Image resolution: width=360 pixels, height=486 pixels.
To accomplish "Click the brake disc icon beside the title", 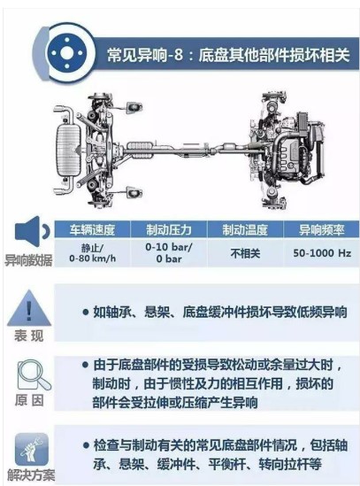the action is (x=67, y=53).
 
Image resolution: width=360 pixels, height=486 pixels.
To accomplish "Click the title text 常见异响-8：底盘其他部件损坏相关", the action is (x=228, y=55).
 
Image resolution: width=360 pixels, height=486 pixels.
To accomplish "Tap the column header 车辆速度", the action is (x=92, y=229).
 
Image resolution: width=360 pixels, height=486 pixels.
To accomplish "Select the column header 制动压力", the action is (x=169, y=229).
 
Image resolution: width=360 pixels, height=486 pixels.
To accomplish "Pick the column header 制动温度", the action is (x=245, y=229).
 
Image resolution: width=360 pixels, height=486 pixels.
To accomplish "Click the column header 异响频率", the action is (x=322, y=229).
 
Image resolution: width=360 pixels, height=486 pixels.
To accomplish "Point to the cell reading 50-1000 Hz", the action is (x=322, y=253).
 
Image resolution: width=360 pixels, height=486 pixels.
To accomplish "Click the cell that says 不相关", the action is (x=245, y=253).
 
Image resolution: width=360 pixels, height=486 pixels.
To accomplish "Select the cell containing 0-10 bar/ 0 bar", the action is (x=169, y=252).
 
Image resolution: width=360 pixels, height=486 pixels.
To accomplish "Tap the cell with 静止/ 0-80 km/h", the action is (x=92, y=253).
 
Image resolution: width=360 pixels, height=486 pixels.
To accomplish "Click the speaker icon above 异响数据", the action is (x=32, y=231).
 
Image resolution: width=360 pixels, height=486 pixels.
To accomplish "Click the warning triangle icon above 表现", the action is (x=29, y=308).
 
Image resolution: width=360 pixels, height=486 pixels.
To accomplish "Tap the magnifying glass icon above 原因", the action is (x=34, y=374).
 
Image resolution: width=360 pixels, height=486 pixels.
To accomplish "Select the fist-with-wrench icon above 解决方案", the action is (x=32, y=449).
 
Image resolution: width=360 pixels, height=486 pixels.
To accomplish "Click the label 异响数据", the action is (x=28, y=260).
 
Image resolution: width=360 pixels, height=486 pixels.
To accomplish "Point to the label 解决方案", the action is (x=31, y=475).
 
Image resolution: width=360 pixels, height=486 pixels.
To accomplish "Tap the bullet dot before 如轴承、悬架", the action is (x=86, y=312).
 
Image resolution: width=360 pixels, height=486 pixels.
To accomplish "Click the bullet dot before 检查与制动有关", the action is (x=86, y=446).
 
